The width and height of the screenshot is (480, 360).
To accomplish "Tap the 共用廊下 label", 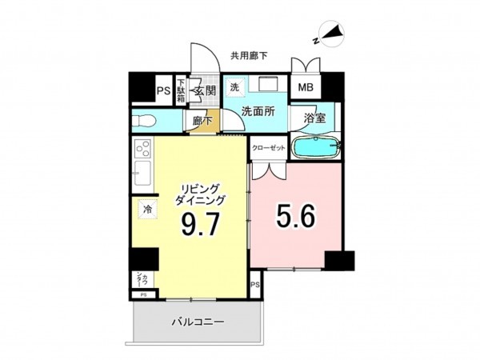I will tap(249, 55).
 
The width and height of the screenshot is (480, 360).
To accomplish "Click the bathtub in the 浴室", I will tap(317, 147).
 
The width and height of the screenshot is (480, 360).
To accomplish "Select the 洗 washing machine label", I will tap(235, 86).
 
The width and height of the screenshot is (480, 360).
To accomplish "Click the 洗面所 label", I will tap(258, 112).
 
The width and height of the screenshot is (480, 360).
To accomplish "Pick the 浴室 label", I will tap(314, 118).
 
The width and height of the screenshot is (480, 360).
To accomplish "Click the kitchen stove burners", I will tap(144, 148).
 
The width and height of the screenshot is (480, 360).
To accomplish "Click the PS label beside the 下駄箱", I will tap(162, 90).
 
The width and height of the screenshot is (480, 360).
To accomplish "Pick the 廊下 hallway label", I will tap(201, 121).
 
